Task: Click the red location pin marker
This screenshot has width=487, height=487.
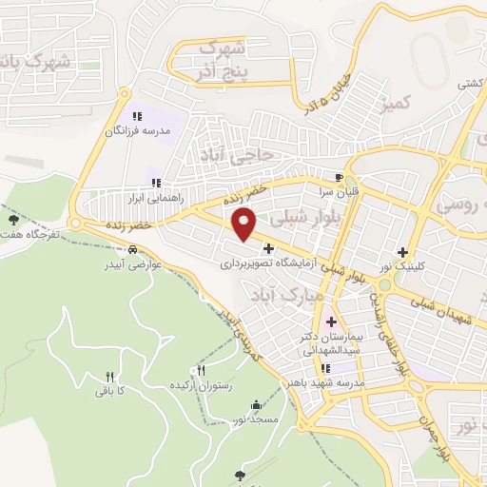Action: [244, 225]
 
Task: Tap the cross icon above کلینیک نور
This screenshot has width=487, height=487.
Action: [403, 252]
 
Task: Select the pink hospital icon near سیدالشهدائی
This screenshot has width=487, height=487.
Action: [331, 321]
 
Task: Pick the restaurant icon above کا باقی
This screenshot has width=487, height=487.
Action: [107, 377]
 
